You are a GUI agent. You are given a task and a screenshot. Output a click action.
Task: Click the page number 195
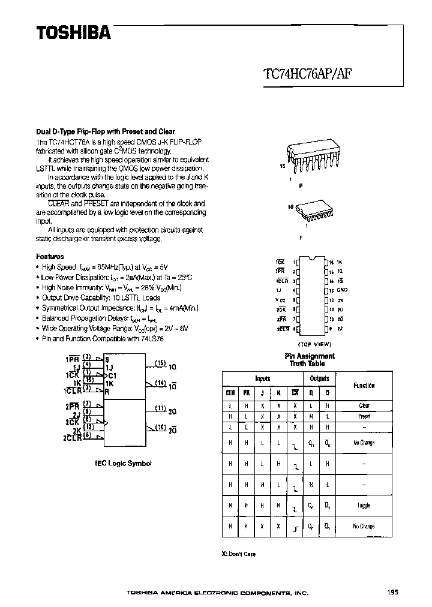point(392,592)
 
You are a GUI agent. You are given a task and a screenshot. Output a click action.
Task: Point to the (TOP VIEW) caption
point(314,344)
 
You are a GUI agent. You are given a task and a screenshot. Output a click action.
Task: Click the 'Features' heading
point(50,256)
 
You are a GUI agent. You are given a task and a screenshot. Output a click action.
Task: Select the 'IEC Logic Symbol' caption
point(124,463)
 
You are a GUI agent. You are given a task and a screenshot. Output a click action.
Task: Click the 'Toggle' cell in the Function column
point(364,505)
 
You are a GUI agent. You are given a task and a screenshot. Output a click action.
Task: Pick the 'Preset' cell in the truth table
point(364,416)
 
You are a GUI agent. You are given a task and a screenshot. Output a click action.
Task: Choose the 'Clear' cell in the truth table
point(364,405)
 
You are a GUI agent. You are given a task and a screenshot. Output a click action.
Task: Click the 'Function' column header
point(364,386)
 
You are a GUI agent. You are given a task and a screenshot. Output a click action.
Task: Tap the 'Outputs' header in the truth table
point(319,378)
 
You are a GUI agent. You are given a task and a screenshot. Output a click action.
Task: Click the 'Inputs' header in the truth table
point(262,378)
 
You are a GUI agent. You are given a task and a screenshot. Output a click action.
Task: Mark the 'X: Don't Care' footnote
point(238,554)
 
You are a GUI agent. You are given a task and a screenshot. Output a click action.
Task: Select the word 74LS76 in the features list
point(152,339)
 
